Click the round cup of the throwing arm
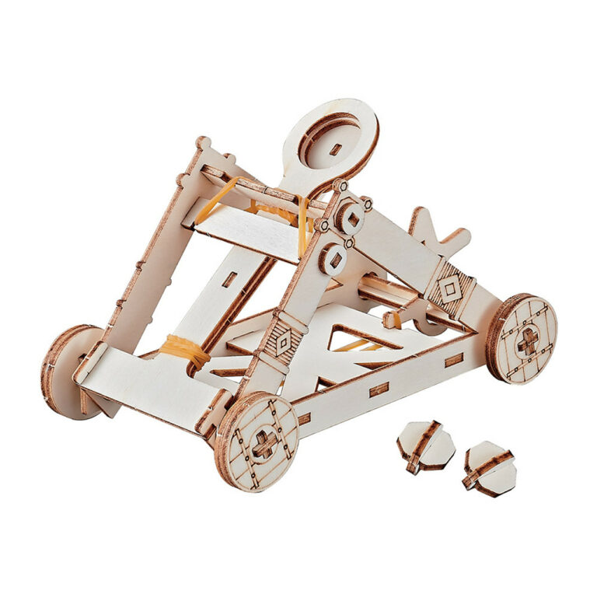point(331,140)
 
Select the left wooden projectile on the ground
point(425,447)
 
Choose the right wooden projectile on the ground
point(489,468)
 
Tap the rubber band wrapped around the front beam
point(185,351)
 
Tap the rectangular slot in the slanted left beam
point(229,278)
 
